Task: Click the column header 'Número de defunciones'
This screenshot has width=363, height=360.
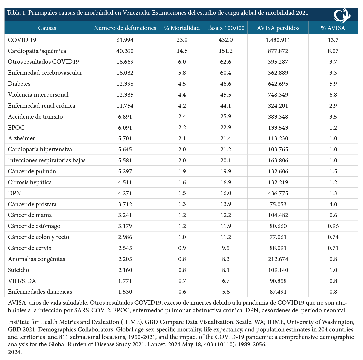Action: click(125, 28)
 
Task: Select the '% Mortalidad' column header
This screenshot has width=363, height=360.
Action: click(182, 28)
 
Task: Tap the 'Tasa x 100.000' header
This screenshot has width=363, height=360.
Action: click(226, 28)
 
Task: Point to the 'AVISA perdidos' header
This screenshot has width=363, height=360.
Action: click(278, 28)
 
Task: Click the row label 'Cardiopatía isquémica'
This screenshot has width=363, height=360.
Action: click(37, 51)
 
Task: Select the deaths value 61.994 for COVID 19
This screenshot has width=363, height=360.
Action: click(125, 40)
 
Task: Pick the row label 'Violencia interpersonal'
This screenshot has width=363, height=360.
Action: click(38, 95)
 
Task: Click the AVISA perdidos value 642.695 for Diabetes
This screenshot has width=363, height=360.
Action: click(278, 84)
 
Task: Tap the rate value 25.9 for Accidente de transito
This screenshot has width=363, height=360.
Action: click(226, 116)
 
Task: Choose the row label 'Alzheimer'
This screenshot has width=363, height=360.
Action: click(22, 138)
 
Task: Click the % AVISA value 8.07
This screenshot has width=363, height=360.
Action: click(333, 51)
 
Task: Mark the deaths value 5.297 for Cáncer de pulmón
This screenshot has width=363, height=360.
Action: click(125, 171)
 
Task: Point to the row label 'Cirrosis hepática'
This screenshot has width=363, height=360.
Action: click(30, 182)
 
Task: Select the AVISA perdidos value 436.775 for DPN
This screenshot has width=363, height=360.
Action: click(278, 193)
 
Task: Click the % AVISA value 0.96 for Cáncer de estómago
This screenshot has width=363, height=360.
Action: click(333, 226)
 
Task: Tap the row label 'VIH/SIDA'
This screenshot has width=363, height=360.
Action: click(22, 281)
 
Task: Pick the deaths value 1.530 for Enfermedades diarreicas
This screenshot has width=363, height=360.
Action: click(125, 292)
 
